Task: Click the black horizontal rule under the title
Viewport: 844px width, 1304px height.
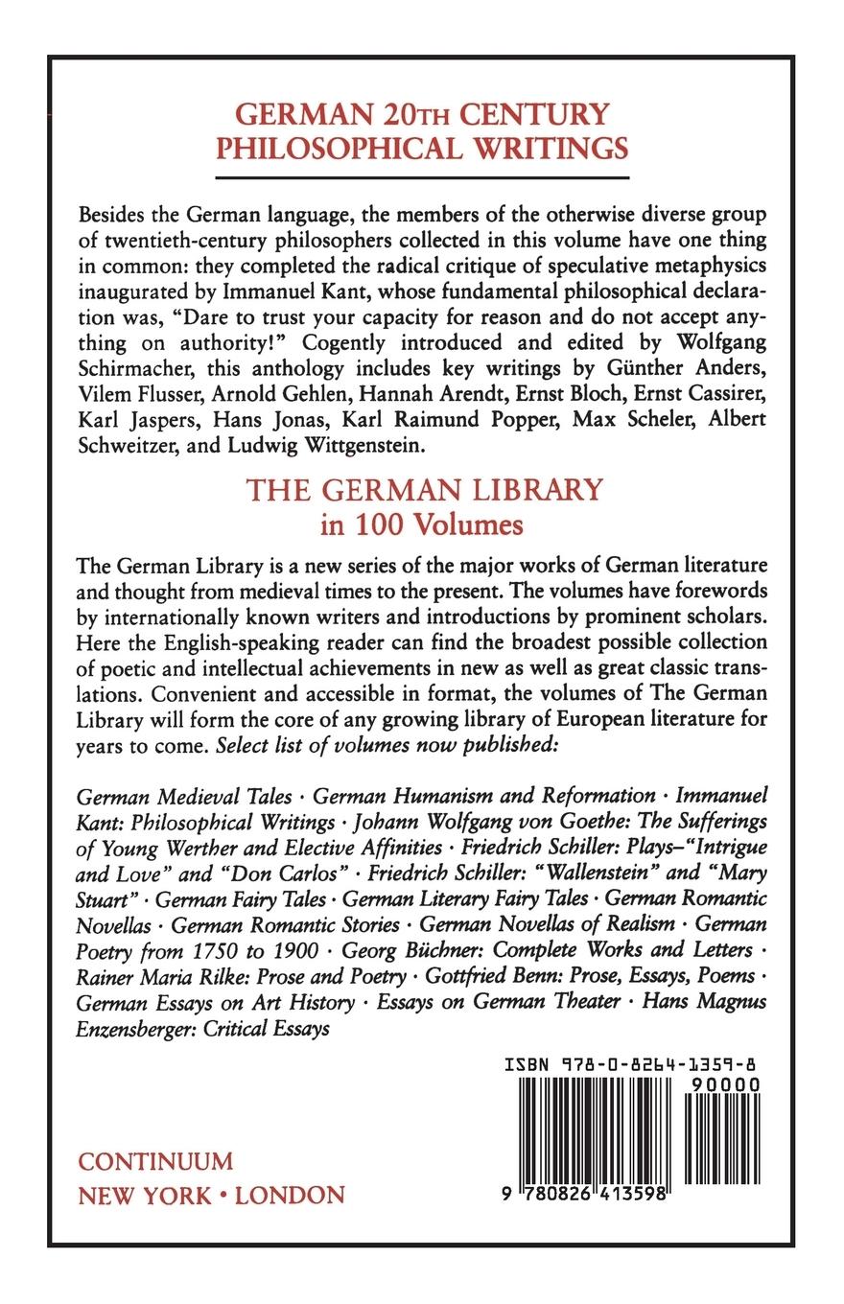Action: tap(423, 177)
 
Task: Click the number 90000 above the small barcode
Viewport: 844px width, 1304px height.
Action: tap(722, 1083)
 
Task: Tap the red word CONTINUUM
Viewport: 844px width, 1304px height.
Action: tap(155, 1161)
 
